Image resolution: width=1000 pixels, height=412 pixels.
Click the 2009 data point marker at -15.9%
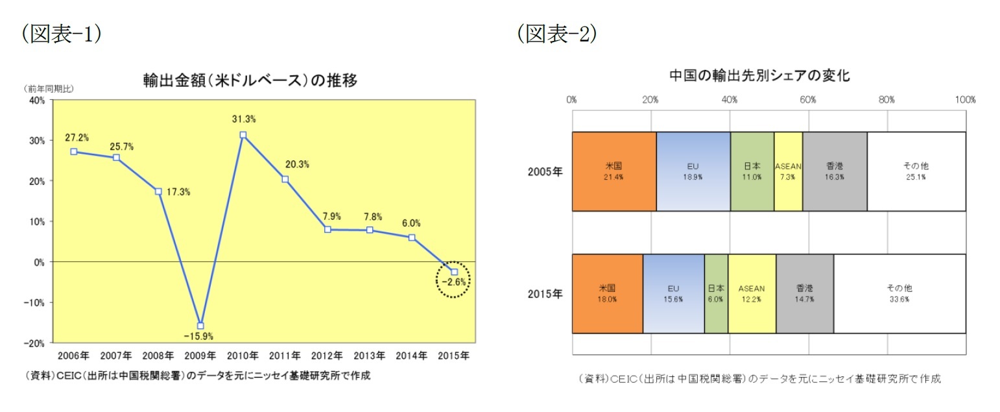pos(200,326)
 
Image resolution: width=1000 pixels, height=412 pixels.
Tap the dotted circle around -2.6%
pos(453,280)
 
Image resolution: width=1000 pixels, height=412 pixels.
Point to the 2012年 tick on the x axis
pos(327,356)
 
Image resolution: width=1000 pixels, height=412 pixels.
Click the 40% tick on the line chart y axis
pos(36,100)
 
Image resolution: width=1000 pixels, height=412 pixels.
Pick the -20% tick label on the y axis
pos(34,343)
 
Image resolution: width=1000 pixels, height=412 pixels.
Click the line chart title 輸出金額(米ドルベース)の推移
pos(250,80)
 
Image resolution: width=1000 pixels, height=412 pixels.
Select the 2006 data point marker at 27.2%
pos(73,151)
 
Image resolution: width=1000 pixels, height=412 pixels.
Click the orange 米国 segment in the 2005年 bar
pos(613,171)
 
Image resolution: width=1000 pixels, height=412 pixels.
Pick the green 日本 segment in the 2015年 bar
pos(715,293)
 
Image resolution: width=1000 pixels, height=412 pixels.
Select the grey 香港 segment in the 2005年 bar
pos(835,171)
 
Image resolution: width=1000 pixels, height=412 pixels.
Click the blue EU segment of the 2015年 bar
pos(673,293)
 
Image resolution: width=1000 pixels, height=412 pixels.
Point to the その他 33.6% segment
pos(899,293)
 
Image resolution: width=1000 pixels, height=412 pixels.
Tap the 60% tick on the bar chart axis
pos(808,100)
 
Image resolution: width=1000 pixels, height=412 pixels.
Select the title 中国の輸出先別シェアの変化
pos(759,75)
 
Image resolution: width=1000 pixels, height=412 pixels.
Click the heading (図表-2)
pos(556,34)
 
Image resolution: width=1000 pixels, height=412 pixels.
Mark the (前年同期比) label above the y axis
pos(49,89)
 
